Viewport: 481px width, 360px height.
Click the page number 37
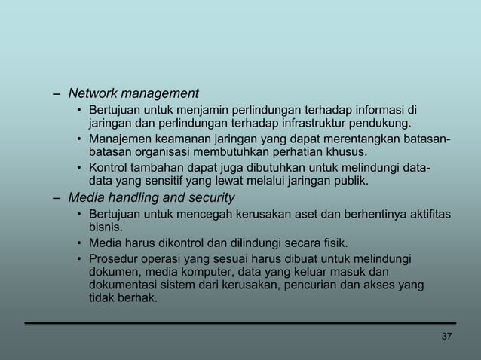click(x=446, y=336)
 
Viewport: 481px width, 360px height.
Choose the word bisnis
click(x=106, y=227)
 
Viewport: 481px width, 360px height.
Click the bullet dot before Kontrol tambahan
click(x=79, y=169)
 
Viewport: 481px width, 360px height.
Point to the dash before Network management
click(x=57, y=94)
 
